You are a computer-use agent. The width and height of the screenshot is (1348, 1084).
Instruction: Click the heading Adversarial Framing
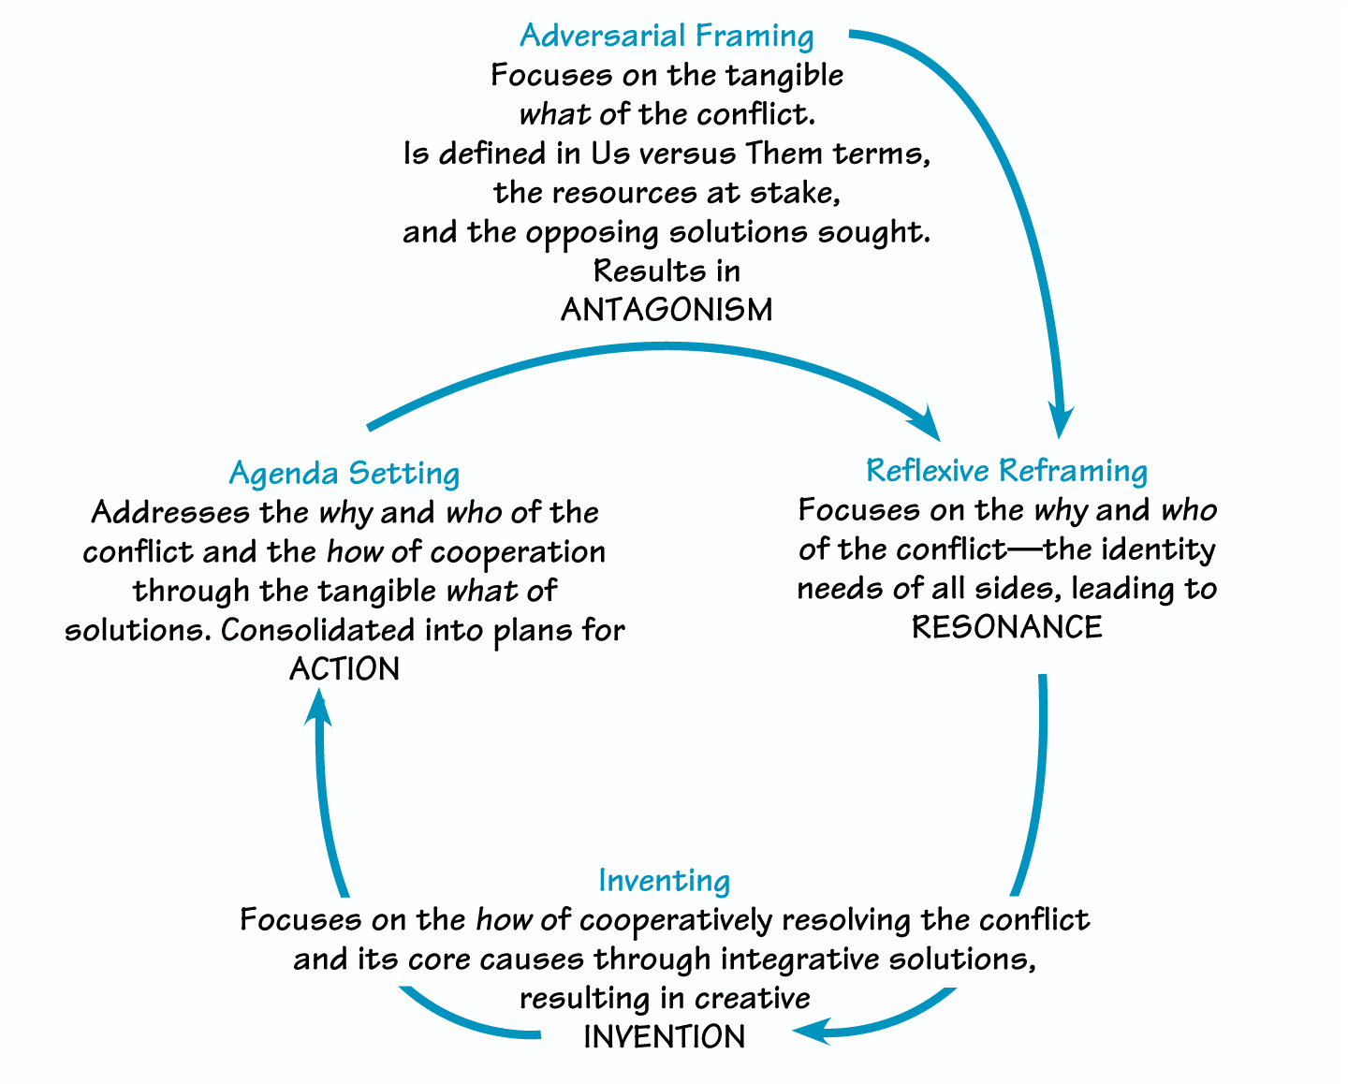667,36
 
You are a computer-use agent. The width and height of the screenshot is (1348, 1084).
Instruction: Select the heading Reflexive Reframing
1006,470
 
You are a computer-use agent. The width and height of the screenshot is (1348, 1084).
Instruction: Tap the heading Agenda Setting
344,473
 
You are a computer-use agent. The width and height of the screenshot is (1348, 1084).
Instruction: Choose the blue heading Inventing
664,881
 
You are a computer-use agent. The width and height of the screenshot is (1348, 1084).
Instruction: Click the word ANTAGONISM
667,310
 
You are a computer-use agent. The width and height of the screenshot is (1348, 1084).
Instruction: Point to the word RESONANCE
1006,627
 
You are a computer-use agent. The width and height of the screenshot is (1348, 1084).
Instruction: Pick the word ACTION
344,669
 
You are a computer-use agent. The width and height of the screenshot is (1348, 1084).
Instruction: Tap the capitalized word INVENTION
664,1037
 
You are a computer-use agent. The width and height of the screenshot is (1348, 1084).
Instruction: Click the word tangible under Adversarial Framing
785,75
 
